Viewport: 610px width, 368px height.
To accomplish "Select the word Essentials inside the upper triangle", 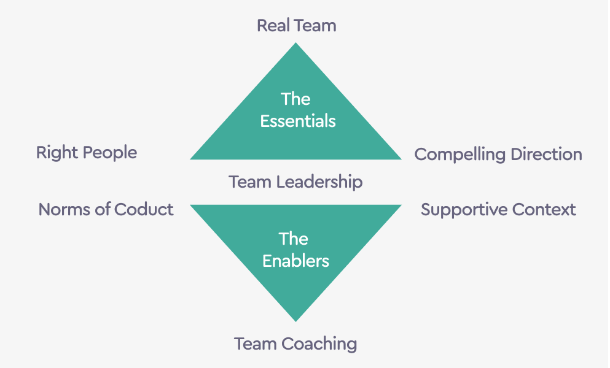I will (x=297, y=121).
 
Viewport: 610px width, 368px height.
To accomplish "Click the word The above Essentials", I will (x=295, y=99).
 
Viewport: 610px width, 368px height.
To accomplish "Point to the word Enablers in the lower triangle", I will (x=295, y=261).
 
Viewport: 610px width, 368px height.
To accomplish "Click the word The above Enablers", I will (x=294, y=239).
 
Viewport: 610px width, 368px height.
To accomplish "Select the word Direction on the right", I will (x=547, y=155).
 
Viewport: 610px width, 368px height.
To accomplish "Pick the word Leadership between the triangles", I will (x=319, y=182).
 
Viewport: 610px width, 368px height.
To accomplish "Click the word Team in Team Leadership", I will (x=250, y=182).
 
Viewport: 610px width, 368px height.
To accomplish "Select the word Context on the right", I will (x=544, y=210).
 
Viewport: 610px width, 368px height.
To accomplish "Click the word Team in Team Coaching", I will (x=255, y=343).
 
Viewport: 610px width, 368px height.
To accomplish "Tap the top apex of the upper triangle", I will (x=295, y=44).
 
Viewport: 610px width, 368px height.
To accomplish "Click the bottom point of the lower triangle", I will (x=295, y=320).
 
